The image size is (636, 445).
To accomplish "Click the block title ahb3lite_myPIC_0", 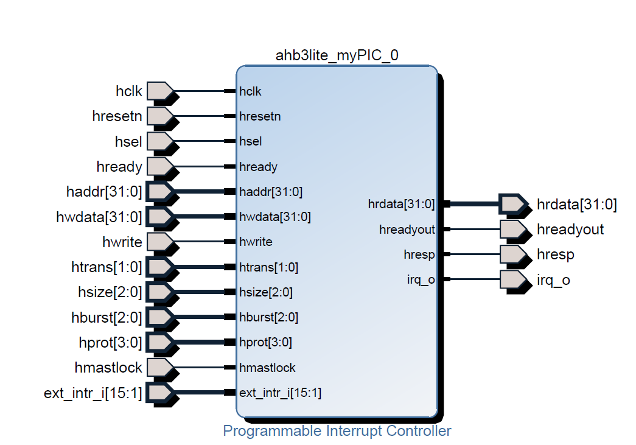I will coord(337,55).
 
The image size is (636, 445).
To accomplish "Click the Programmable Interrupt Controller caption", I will coord(337,431).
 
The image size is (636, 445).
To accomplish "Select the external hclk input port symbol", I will coord(161,91).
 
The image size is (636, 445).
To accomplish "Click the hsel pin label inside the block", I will coord(250,141).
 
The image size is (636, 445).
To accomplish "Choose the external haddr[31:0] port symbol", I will coord(161,192).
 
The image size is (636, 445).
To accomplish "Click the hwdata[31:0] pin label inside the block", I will coord(275,217).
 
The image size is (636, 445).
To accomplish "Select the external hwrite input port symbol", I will coord(161,242).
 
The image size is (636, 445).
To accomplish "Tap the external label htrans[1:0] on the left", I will coord(107,267).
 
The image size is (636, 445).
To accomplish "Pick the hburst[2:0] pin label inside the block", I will coord(268,317).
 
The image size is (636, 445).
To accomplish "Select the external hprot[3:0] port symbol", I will coord(161,342).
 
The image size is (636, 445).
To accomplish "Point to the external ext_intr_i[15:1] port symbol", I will coord(161,393).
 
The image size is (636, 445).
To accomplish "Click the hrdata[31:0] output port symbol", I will coord(512,205).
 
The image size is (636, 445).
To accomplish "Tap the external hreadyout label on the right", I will coord(570,230).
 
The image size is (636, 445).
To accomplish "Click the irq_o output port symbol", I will coord(512,279).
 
